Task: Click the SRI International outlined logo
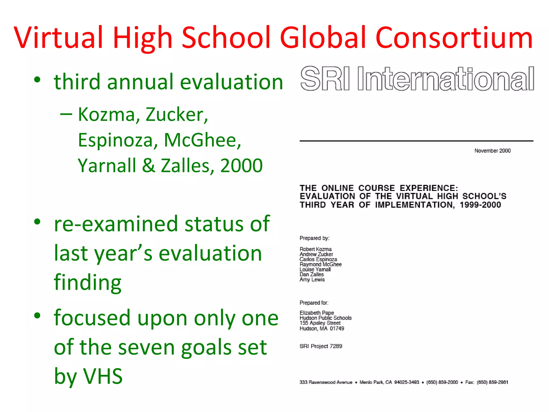coord(417,79)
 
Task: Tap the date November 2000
coord(492,151)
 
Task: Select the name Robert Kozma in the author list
coord(316,249)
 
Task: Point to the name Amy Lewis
coord(312,279)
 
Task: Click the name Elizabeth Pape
coord(317,313)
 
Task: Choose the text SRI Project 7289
coord(321,346)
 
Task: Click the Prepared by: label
coord(314,238)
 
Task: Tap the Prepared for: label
coord(314,303)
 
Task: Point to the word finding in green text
coord(88,282)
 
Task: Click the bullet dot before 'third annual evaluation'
coord(37,80)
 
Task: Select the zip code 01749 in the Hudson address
coord(337,329)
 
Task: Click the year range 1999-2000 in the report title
coord(480,205)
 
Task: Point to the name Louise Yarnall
coord(315,270)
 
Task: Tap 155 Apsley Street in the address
coord(320,323)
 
